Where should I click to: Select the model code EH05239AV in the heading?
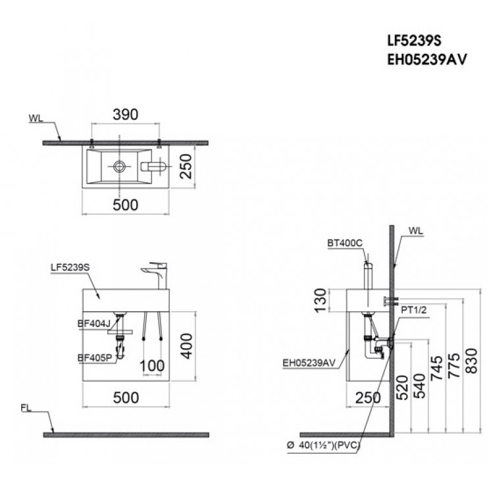426,59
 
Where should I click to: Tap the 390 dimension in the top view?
126,115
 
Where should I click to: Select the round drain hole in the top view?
119,165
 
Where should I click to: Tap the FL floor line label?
26,408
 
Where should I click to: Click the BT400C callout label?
344,243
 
